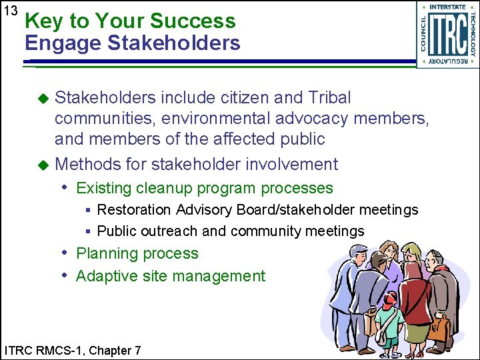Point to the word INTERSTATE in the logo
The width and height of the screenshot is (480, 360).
click(448, 7)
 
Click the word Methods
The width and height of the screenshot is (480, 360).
click(85, 164)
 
